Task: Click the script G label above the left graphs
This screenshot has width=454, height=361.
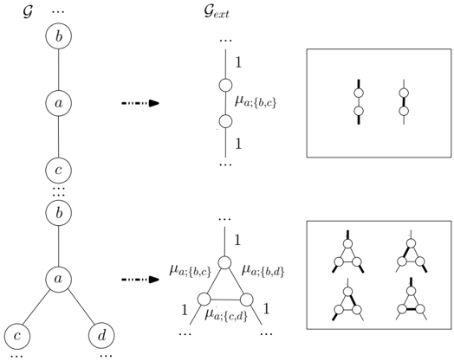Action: [x=28, y=12]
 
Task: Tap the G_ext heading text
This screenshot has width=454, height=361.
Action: [x=217, y=13]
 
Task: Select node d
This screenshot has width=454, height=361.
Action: [x=101, y=336]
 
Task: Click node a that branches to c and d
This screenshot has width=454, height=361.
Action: [x=59, y=279]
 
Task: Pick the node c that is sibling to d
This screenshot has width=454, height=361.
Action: [x=17, y=336]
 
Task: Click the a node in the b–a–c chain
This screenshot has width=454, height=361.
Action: [x=59, y=103]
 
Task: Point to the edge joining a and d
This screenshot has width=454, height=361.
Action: [x=81, y=308]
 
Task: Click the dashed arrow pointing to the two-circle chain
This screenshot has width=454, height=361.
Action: [x=140, y=103]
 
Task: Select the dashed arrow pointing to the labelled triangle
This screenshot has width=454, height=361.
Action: [x=140, y=280]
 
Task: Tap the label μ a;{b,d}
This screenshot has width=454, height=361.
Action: [x=263, y=270]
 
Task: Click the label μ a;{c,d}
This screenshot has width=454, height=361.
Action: [x=226, y=315]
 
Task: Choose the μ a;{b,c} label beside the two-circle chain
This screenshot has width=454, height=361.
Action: [x=256, y=102]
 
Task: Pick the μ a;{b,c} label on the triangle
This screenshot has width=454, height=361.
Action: [x=191, y=271]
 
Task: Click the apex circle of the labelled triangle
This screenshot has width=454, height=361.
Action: [x=224, y=262]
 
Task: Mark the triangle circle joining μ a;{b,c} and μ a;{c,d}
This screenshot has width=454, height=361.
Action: [x=204, y=299]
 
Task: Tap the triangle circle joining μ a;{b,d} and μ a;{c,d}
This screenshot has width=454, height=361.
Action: [x=246, y=300]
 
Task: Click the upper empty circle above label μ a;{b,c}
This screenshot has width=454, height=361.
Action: [x=225, y=86]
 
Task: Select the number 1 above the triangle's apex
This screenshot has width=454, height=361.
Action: [x=237, y=240]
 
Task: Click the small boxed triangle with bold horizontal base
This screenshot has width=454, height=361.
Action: [x=412, y=299]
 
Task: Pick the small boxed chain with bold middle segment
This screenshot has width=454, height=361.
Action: [x=404, y=102]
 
